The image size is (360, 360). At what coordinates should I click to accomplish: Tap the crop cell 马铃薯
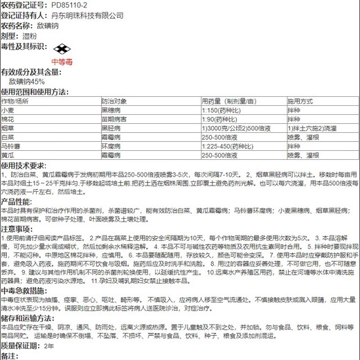[x=10, y=146]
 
